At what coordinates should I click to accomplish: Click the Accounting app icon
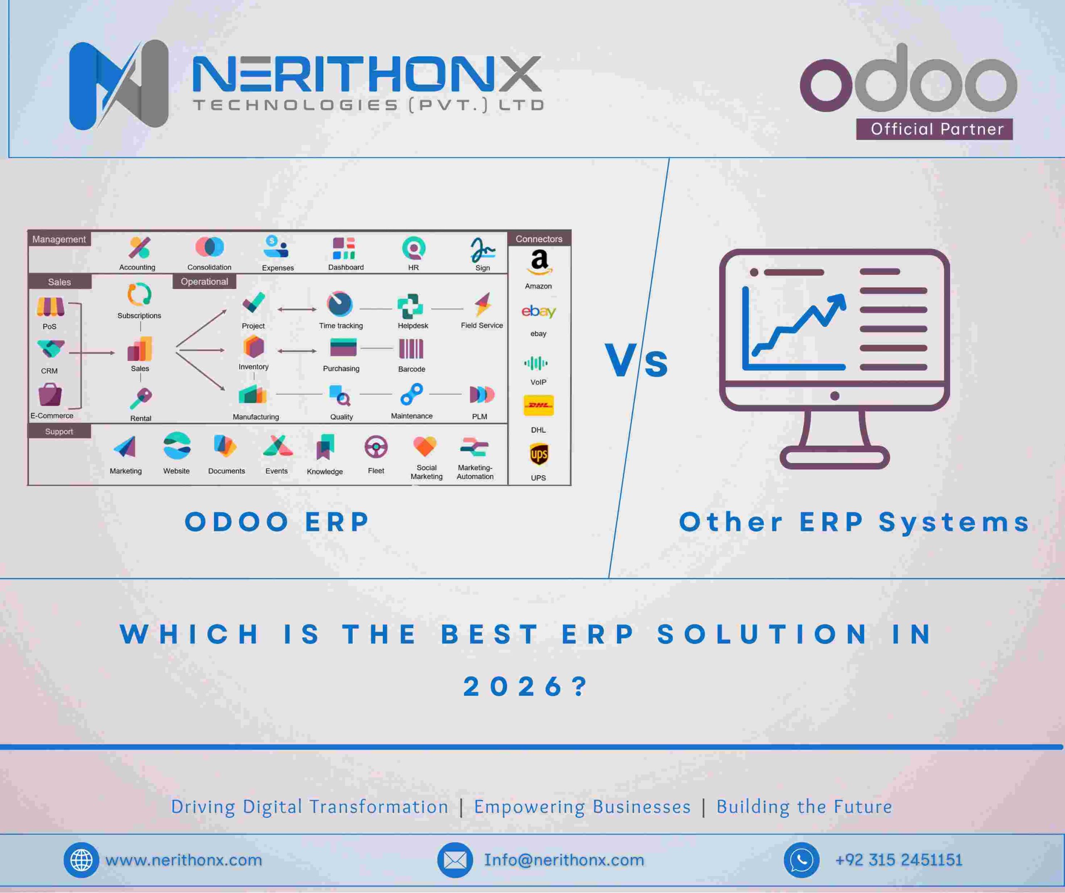[x=139, y=248]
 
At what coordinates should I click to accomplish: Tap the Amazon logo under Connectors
[x=539, y=262]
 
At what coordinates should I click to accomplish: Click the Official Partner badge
[x=934, y=129]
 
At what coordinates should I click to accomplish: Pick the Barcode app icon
[x=411, y=350]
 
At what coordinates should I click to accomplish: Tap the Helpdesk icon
[x=410, y=306]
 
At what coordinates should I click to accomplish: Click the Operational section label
[x=204, y=282]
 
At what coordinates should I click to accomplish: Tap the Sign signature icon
[x=482, y=249]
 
